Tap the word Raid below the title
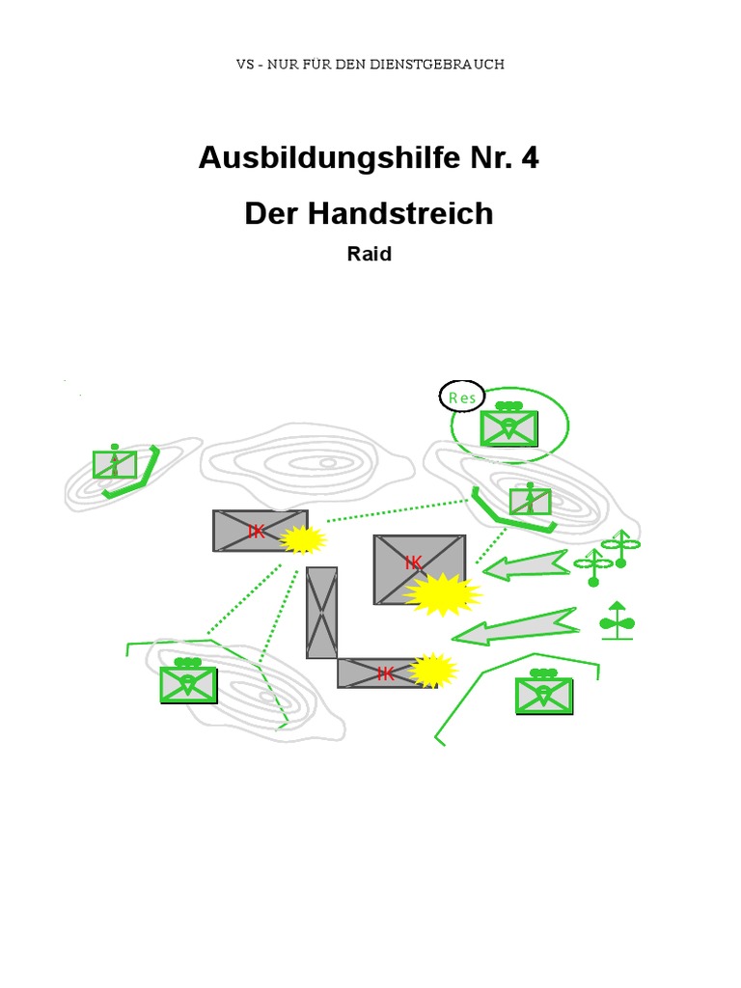coord(369,256)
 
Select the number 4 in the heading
coord(529,158)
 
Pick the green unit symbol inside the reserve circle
coord(509,425)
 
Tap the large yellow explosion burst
coord(443,594)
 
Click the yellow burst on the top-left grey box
coord(302,539)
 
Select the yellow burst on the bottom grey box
coord(433,670)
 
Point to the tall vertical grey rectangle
coord(322,613)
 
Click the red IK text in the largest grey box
coord(414,563)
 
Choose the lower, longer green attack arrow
coord(515,628)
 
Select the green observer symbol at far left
coord(115,463)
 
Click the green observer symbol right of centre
coord(530,501)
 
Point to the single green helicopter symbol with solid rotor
coord(617,620)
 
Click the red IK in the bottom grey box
coord(386,673)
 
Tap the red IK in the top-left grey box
coord(257,531)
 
